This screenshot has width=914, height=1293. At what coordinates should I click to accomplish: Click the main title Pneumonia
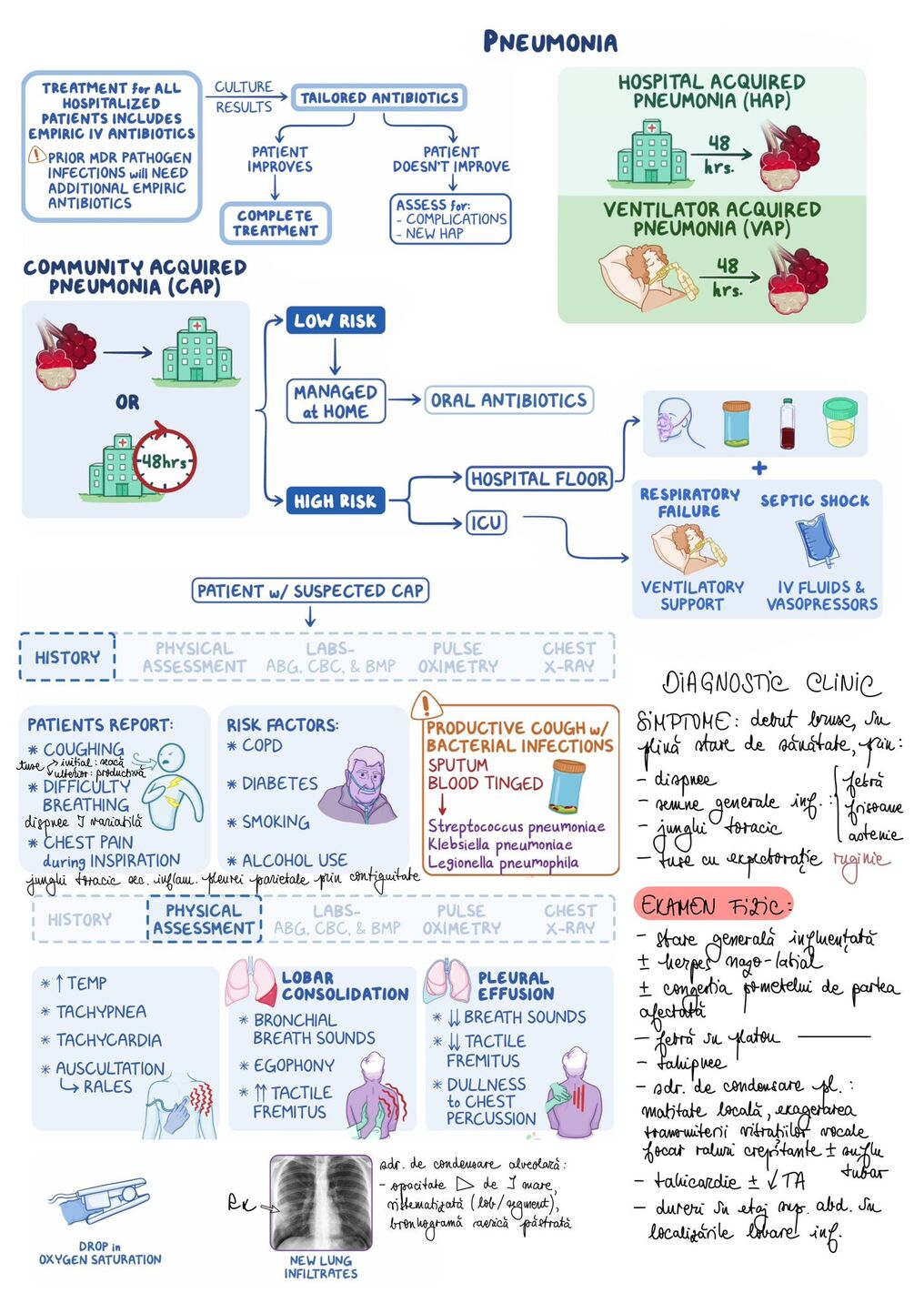[549, 42]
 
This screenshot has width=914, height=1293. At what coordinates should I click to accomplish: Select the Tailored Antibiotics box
[379, 97]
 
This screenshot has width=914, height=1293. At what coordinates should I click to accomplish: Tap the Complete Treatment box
[275, 223]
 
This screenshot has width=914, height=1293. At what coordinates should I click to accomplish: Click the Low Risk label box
[335, 320]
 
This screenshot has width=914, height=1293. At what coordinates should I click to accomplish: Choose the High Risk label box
[335, 500]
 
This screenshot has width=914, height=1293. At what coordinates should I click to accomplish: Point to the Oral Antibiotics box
[508, 400]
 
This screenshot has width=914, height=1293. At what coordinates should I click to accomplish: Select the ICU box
[487, 523]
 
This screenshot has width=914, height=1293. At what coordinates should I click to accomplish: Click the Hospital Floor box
[539, 479]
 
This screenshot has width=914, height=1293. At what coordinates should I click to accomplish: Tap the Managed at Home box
[336, 401]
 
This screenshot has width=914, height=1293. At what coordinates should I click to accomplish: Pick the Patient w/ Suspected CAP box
[310, 591]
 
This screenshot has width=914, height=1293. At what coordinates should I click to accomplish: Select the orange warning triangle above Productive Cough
[424, 705]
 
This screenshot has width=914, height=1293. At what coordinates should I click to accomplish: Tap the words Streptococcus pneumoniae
[516, 826]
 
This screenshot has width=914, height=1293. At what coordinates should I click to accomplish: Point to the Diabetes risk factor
[279, 783]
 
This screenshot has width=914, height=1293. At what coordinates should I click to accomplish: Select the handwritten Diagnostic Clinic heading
[771, 682]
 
